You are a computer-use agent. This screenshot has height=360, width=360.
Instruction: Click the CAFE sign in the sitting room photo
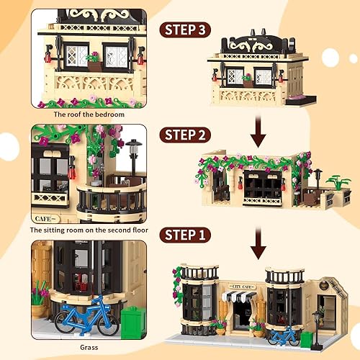pos(45,216)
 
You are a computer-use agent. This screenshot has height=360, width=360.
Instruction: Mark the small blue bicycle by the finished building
pos(283,335)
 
